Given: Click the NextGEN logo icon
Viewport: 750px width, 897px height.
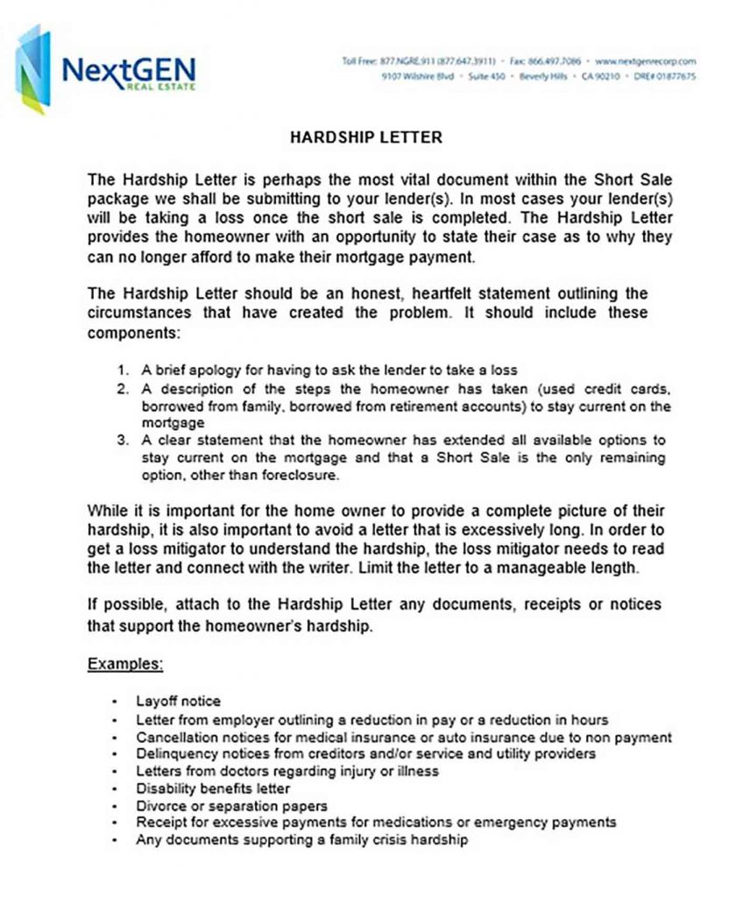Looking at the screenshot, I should pos(33,69).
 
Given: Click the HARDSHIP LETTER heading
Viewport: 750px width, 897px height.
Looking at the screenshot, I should pos(365,138).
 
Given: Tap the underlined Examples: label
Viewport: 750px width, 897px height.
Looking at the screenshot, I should pos(125,663).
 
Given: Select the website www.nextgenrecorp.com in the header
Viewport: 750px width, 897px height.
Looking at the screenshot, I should pos(645,61).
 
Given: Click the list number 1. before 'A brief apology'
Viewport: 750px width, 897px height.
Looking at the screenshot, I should pos(124,371).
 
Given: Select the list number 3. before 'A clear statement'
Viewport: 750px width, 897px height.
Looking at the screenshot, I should pos(123,440).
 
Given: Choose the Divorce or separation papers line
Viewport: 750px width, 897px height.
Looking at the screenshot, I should pos(231,805).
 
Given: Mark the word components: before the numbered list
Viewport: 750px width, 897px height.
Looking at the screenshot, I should pos(133,334).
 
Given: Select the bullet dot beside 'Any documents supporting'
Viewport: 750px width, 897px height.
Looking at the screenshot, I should pos(115,840).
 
